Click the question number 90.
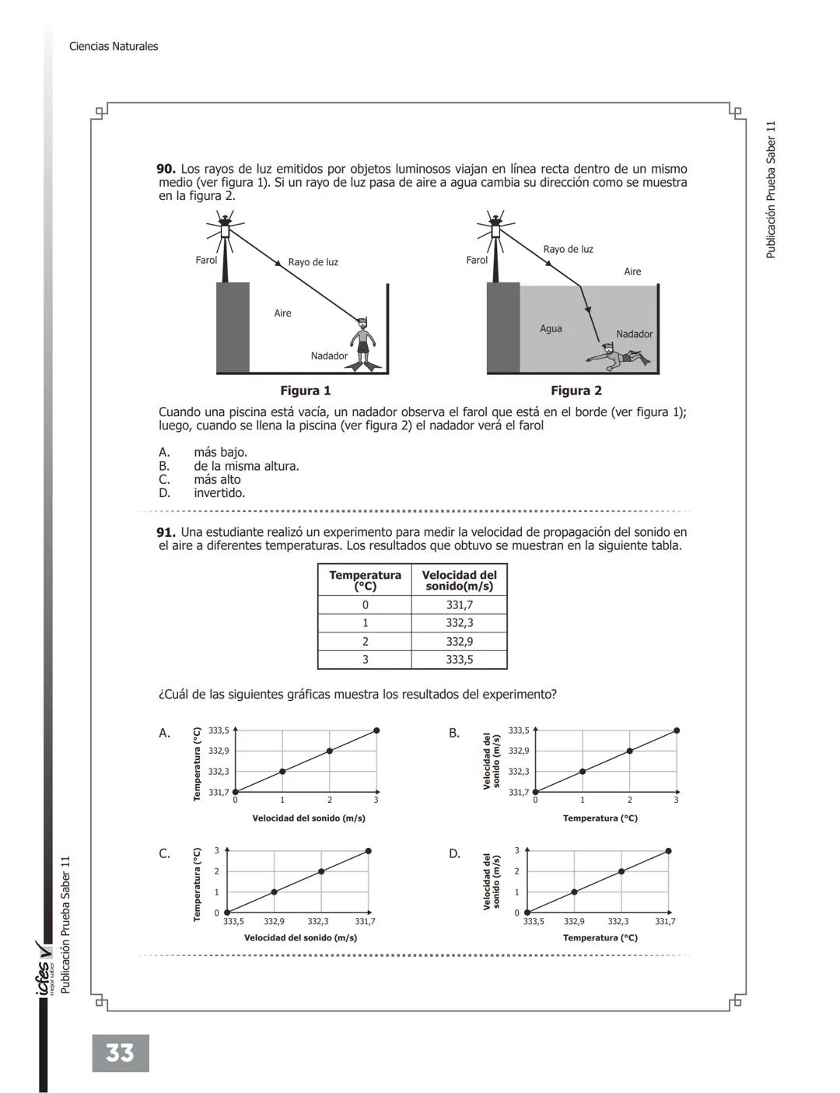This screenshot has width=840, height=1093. click(166, 169)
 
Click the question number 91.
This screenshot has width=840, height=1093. click(166, 533)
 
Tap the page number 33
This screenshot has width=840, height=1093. click(120, 1053)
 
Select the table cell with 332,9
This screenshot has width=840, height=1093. click(459, 642)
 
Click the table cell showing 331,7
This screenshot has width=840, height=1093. click(459, 605)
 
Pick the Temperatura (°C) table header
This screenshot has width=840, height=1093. click(365, 580)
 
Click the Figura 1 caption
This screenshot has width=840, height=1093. click(306, 391)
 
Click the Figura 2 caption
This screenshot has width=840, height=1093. click(576, 391)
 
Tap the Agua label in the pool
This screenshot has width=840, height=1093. click(551, 329)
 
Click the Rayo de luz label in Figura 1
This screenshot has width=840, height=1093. click(313, 262)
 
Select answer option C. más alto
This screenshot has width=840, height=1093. click(217, 480)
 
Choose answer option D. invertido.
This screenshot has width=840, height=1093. click(219, 493)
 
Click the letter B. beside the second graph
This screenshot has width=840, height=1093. click(454, 733)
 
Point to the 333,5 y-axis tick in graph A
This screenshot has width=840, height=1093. click(219, 730)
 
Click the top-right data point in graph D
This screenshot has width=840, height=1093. click(668, 851)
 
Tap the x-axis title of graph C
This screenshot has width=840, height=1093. click(300, 937)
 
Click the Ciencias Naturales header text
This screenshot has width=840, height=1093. click(114, 47)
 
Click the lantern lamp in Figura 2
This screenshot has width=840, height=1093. click(495, 230)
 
